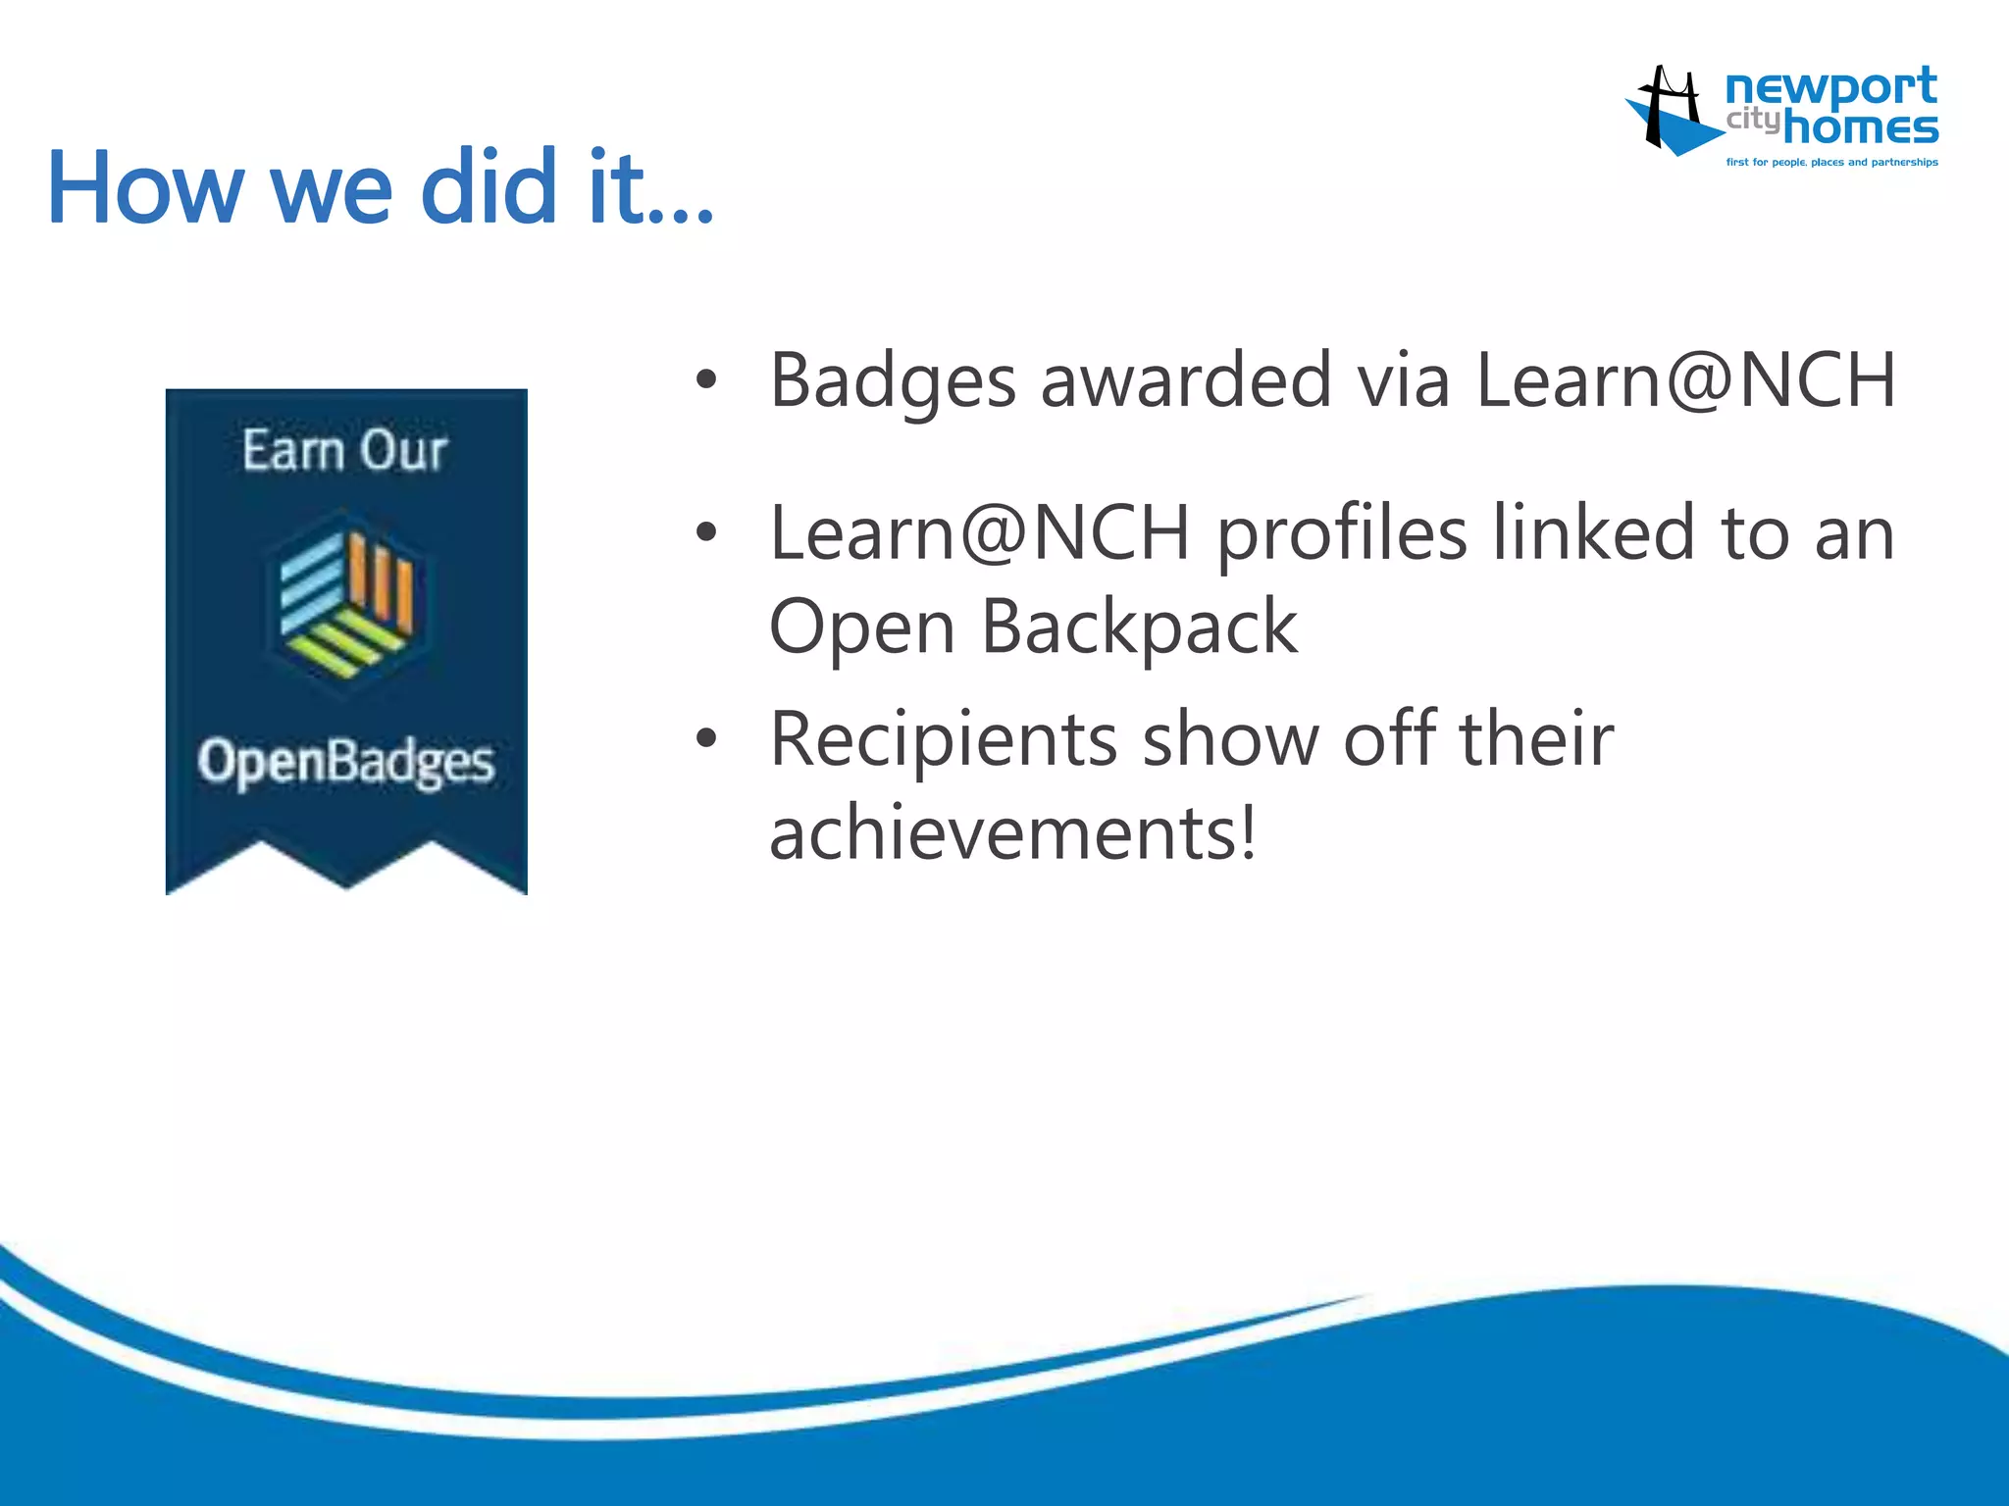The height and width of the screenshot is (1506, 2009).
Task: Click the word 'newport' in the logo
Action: point(1830,88)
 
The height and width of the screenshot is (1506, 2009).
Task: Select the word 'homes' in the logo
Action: point(1860,128)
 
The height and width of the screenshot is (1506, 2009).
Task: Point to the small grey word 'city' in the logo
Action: point(1752,120)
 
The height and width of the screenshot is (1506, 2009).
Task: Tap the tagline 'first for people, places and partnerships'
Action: point(1831,163)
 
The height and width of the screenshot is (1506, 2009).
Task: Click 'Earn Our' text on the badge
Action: point(345,451)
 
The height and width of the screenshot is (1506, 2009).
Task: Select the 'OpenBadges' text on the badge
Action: point(345,762)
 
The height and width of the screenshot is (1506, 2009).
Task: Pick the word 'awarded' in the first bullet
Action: point(1185,380)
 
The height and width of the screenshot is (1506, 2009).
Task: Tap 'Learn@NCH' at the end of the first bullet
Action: point(1685,380)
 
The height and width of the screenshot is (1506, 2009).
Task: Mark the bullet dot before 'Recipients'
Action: point(706,738)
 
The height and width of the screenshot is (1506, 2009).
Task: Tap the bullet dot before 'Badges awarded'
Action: point(706,380)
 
